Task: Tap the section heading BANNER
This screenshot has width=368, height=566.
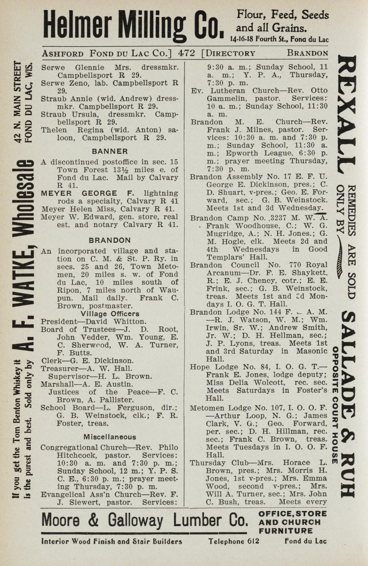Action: pos(110,151)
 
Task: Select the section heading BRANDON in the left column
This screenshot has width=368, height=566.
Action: pos(110,240)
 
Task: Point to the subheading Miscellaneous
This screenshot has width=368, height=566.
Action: pos(110,437)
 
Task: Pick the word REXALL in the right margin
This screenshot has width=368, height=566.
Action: pos(346,115)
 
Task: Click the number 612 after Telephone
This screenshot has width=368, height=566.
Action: pos(253,541)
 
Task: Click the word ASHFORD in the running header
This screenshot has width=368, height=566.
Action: pos(63,53)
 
